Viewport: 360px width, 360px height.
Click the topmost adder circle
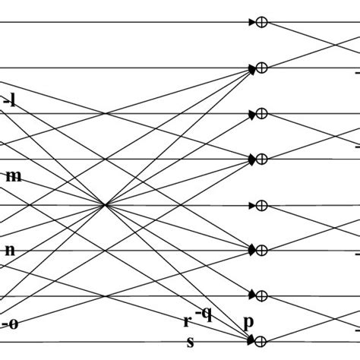[262, 23]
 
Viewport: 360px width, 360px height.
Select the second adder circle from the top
[262, 68]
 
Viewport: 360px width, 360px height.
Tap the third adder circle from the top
[262, 114]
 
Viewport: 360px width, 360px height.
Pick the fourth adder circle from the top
[262, 159]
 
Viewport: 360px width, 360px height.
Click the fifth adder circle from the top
[262, 205]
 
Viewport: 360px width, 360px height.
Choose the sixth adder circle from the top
[262, 251]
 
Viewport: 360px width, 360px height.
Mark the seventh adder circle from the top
[262, 295]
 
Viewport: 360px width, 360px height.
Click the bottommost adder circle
[262, 341]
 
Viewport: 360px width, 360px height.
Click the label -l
[10, 99]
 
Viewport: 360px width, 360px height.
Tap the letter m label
[14, 176]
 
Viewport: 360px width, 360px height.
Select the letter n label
[10, 249]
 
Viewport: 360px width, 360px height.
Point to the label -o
[10, 324]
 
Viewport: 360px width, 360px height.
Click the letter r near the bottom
[186, 321]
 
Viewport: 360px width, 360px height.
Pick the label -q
[204, 313]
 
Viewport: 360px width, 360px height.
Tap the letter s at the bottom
[191, 342]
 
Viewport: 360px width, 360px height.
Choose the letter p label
[248, 322]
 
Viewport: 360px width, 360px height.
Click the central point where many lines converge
[104, 204]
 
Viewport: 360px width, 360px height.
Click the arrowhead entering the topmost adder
[253, 23]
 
